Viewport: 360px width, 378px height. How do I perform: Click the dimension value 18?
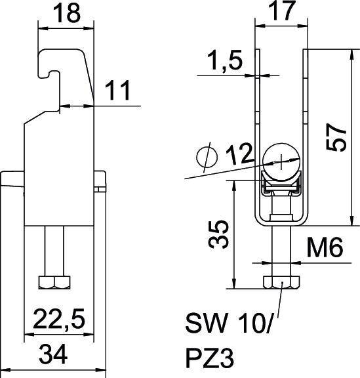(x=66, y=13)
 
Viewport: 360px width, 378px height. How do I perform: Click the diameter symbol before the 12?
(x=205, y=157)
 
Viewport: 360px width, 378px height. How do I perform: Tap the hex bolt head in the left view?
(x=55, y=283)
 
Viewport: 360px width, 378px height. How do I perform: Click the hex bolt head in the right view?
(x=281, y=283)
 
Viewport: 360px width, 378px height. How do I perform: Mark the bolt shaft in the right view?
(x=281, y=253)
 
